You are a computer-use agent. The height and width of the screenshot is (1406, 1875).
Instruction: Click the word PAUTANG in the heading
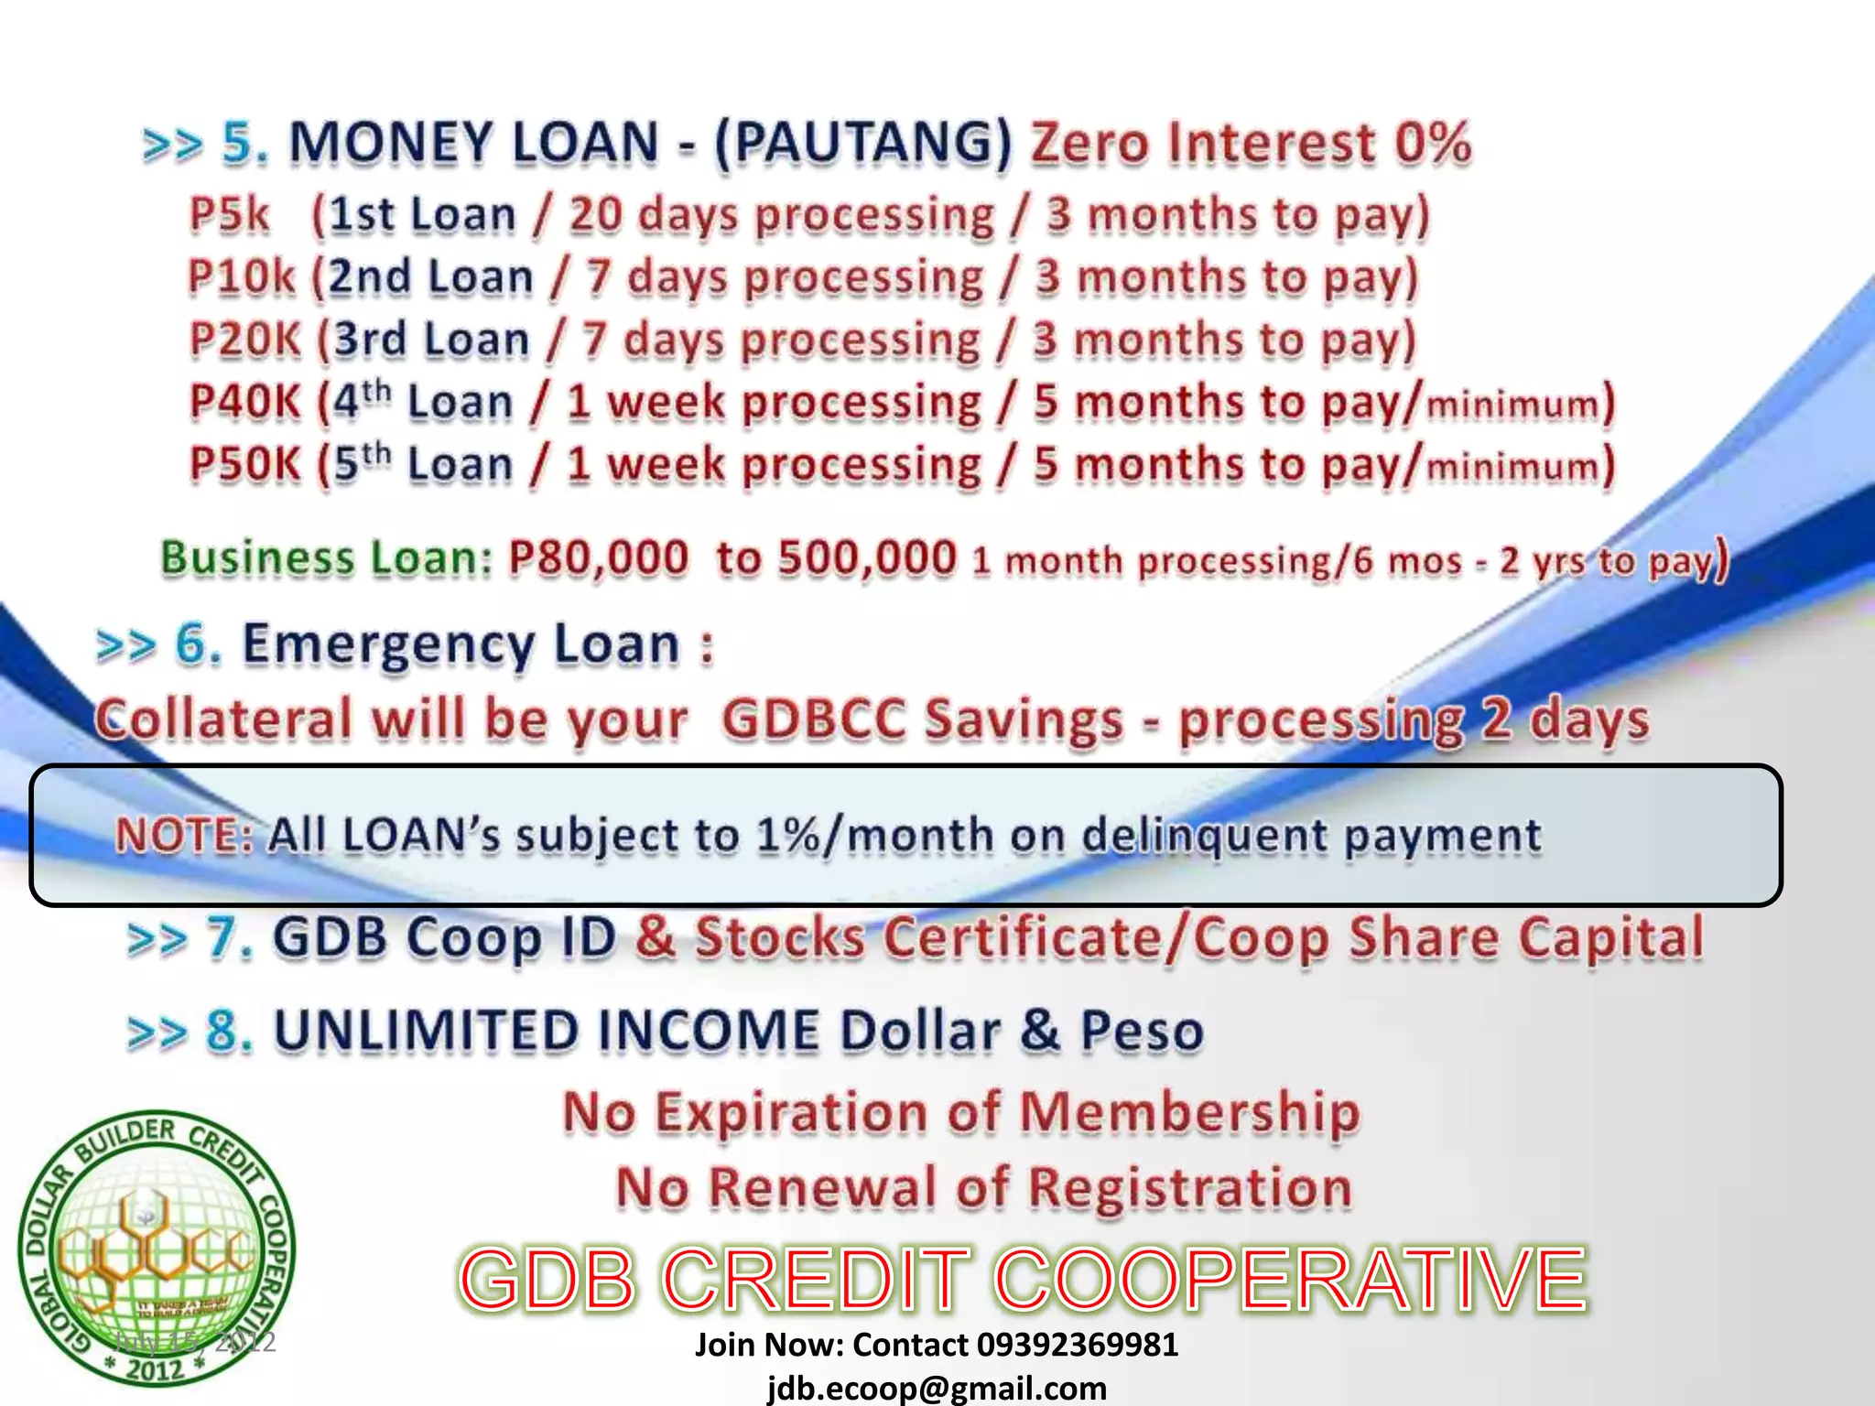pyautogui.click(x=863, y=144)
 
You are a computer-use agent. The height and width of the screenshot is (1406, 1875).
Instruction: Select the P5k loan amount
pyautogui.click(x=229, y=215)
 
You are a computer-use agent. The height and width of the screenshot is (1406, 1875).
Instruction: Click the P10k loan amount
pyautogui.click(x=241, y=277)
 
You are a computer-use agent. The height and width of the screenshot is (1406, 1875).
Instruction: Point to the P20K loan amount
pyautogui.click(x=244, y=340)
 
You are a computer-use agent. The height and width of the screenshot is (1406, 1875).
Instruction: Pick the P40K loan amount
pyautogui.click(x=244, y=402)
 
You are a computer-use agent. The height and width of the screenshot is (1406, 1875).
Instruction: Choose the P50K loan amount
pyautogui.click(x=244, y=464)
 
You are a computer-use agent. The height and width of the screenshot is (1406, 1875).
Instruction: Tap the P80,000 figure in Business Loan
pyautogui.click(x=598, y=558)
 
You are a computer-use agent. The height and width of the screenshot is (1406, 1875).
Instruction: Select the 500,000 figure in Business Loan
pyautogui.click(x=866, y=558)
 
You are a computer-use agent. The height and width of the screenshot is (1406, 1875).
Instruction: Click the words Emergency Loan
pyautogui.click(x=461, y=645)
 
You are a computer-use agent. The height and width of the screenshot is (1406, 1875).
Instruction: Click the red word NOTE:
pyautogui.click(x=183, y=836)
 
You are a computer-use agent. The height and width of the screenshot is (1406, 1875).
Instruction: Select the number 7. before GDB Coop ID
pyautogui.click(x=229, y=938)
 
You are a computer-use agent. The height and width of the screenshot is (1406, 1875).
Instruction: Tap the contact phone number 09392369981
pyautogui.click(x=1077, y=1345)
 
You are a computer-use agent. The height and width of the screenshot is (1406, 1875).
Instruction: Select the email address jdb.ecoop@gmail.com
pyautogui.click(x=937, y=1388)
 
